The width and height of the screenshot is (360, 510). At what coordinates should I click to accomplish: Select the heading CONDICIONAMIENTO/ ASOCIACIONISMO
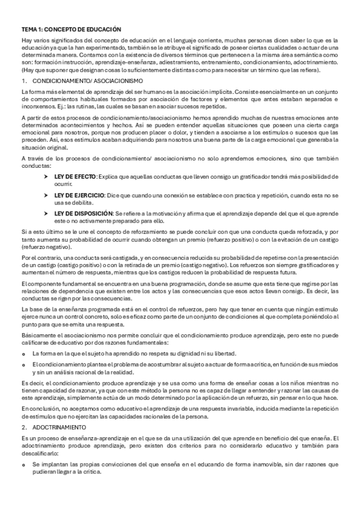tap(87, 80)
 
